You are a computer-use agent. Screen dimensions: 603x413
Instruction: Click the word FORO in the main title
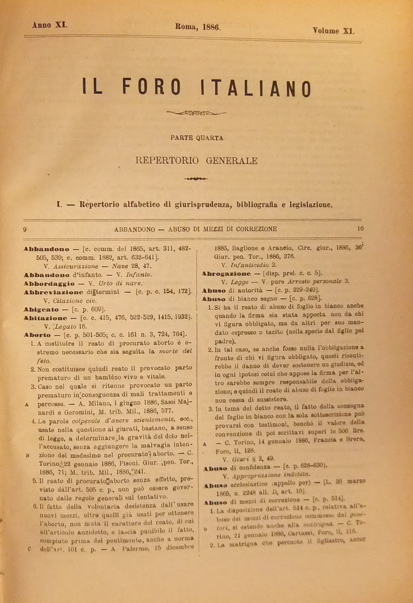point(151,86)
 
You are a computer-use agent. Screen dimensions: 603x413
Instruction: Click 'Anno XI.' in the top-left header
point(50,25)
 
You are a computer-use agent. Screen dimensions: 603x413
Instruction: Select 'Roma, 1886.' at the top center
point(198,27)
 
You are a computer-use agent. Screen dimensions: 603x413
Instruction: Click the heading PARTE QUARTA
point(197,138)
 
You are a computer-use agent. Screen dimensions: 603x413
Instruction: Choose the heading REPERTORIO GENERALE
point(197,161)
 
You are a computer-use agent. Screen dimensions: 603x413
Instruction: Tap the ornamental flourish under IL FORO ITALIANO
point(196,113)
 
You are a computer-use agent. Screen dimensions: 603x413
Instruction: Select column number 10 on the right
point(360,229)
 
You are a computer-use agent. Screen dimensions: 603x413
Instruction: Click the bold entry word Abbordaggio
point(49,284)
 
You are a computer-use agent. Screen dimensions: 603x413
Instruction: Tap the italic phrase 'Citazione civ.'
point(75,301)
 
